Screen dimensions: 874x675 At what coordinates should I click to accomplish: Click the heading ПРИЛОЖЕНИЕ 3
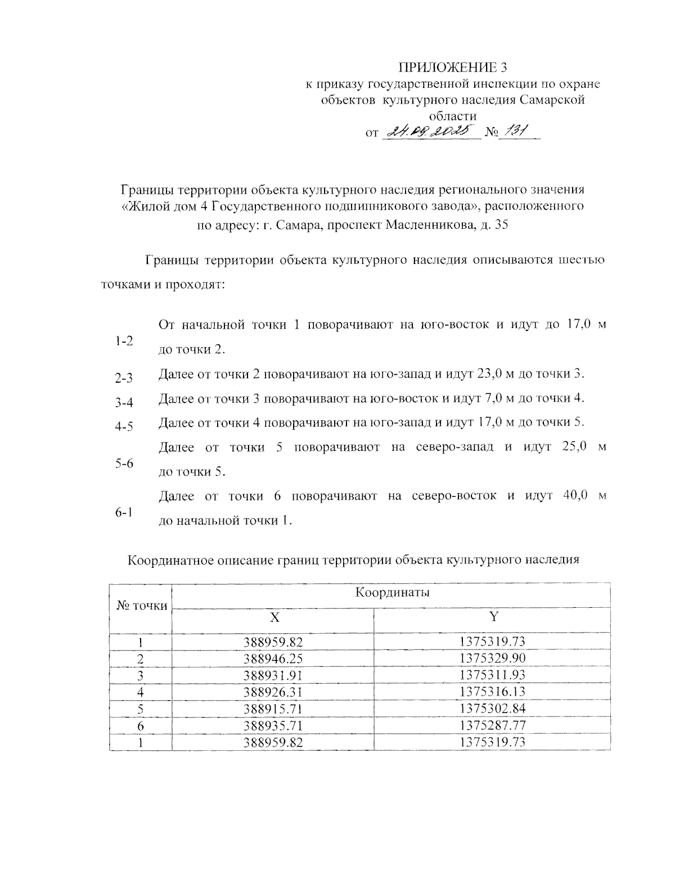click(453, 68)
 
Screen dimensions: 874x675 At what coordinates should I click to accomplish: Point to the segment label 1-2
click(124, 341)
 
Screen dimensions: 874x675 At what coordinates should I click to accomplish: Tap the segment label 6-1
click(124, 513)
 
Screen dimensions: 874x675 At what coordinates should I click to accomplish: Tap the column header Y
click(493, 617)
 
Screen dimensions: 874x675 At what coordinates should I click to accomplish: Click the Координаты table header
click(393, 592)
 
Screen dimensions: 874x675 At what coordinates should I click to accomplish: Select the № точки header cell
click(141, 606)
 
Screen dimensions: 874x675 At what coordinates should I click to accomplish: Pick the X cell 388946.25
click(274, 658)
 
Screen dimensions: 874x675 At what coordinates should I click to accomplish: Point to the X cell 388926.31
click(274, 691)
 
